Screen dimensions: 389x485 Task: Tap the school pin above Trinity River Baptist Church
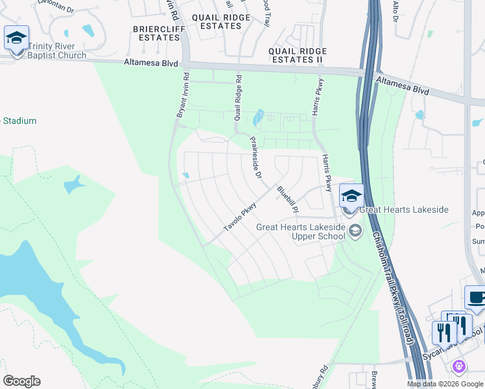(x=16, y=37)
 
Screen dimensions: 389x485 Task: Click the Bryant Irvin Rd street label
(x=182, y=95)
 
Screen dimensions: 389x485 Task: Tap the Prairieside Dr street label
(x=255, y=157)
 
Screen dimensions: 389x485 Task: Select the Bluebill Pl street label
(x=287, y=199)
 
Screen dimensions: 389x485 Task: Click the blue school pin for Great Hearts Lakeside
(x=351, y=195)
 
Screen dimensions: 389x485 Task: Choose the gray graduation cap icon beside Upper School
(x=355, y=230)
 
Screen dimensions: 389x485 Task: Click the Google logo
(x=21, y=381)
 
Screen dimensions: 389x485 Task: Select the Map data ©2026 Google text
(x=445, y=384)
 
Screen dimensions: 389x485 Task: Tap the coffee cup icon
(x=476, y=298)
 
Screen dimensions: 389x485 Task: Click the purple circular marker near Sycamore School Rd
(x=459, y=367)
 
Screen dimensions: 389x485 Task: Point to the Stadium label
(x=19, y=121)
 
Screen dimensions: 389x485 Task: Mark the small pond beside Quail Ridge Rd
(x=259, y=117)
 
